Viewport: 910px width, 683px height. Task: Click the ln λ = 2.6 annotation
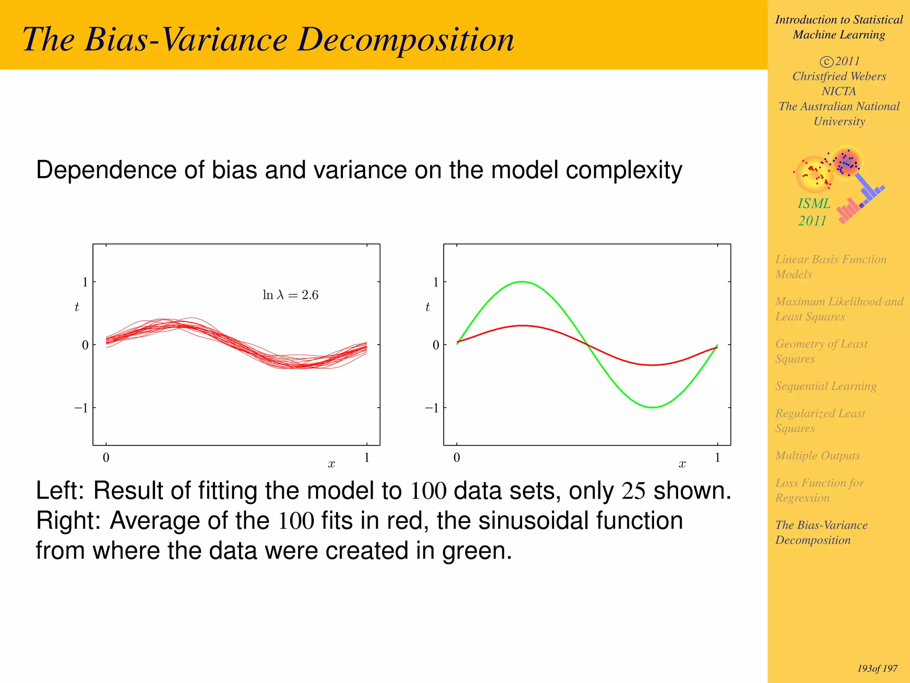(291, 295)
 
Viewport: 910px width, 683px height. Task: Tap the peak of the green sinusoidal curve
(523, 281)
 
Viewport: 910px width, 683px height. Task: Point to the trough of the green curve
(653, 407)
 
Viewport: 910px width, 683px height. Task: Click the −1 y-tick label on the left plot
(81, 408)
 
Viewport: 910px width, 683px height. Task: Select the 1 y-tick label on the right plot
(436, 282)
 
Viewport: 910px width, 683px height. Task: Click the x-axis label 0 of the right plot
(456, 458)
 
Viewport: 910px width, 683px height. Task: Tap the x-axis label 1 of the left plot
(367, 458)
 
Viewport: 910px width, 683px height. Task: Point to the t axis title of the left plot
(77, 307)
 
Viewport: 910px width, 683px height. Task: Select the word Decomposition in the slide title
(406, 40)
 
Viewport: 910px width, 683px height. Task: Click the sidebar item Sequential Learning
(826, 386)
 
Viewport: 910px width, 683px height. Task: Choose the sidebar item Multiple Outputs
(817, 456)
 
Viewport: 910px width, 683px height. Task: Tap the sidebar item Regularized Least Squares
(820, 421)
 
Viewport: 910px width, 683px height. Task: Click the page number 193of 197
(877, 668)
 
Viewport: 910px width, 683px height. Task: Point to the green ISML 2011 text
(814, 212)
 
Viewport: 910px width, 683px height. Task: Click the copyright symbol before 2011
(826, 62)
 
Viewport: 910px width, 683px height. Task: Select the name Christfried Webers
(839, 76)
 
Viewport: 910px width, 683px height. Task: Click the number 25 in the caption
(633, 491)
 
